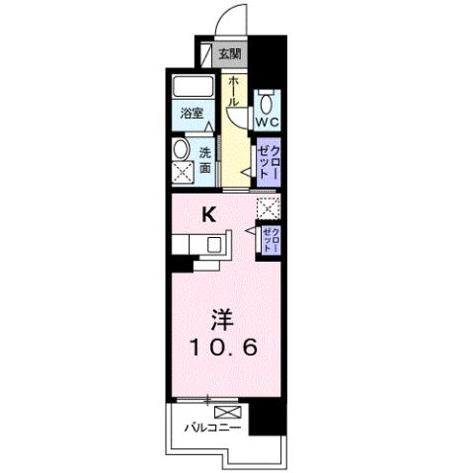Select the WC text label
(268, 122)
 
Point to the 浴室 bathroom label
(192, 114)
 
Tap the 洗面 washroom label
(205, 160)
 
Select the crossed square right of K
(268, 208)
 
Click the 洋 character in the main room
(223, 320)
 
